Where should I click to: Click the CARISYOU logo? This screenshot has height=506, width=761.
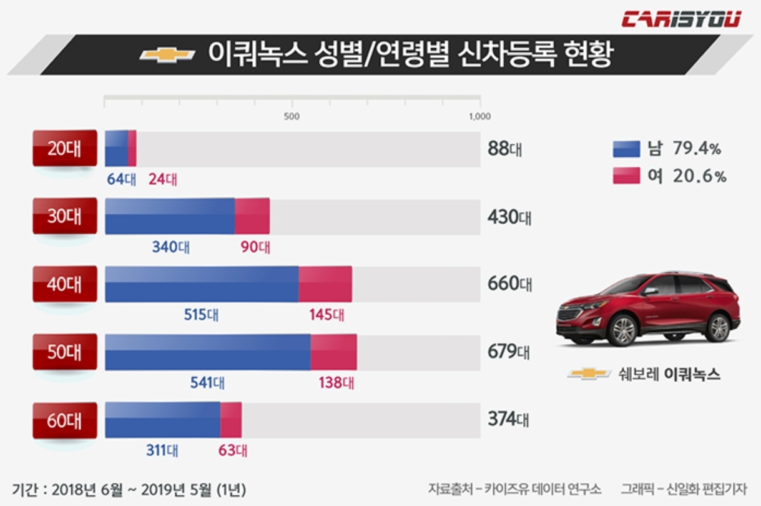(x=681, y=19)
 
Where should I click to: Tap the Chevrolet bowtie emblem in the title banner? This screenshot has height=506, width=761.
(x=167, y=55)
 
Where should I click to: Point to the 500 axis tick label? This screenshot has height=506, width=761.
(x=292, y=117)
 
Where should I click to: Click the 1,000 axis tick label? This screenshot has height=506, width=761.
(x=479, y=117)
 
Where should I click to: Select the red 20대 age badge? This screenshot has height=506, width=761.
(x=65, y=148)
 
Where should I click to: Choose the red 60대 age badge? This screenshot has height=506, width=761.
(x=65, y=420)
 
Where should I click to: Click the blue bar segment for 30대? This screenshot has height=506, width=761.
(x=170, y=216)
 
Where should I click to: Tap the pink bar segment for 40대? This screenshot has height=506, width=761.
(x=325, y=284)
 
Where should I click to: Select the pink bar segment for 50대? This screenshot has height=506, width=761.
(x=333, y=352)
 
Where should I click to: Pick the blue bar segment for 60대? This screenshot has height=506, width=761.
(x=162, y=420)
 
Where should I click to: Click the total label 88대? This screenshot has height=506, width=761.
(x=505, y=149)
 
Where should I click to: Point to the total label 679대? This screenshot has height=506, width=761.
(x=509, y=352)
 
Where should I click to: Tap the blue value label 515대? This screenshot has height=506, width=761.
(x=201, y=315)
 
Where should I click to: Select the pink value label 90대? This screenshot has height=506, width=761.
(x=255, y=247)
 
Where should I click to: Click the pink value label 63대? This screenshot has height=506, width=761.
(x=233, y=450)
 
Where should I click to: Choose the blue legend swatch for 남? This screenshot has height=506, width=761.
(x=626, y=149)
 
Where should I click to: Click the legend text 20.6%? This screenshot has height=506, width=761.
(x=700, y=177)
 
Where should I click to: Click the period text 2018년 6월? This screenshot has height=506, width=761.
(x=87, y=490)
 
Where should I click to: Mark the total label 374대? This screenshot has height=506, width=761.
(x=508, y=419)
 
